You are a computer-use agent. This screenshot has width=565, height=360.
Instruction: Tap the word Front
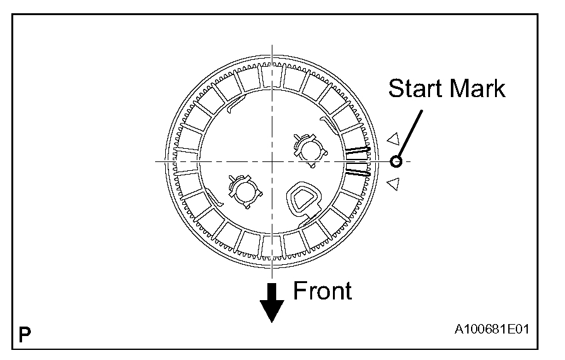point(322,291)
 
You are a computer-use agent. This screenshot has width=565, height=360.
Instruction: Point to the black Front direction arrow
point(272,302)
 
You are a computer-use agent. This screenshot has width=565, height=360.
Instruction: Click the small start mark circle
point(396,161)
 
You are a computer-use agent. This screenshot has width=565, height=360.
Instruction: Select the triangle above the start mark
point(393,139)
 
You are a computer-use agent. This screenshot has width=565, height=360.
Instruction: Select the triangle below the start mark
point(393,183)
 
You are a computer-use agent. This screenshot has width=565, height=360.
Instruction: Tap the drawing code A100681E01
point(492,330)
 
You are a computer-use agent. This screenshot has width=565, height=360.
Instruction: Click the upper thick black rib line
point(357,151)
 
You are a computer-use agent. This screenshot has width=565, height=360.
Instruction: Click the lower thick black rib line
point(357,171)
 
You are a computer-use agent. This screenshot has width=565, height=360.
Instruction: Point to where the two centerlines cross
point(272,161)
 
